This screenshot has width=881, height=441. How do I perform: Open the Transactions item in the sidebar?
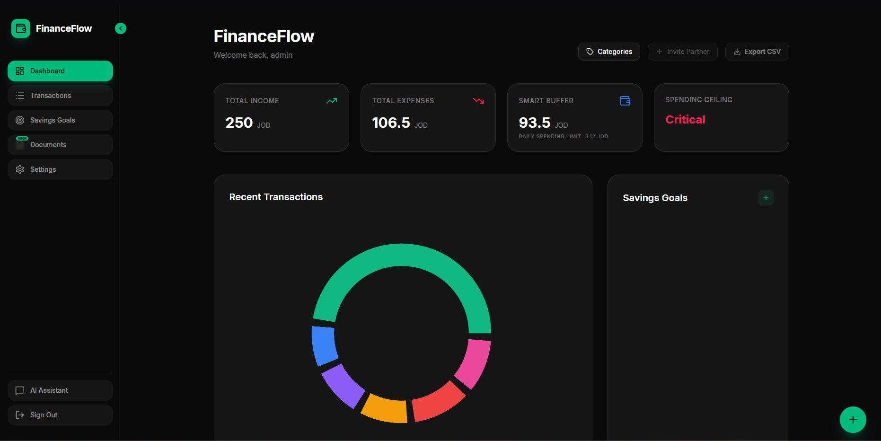[60, 96]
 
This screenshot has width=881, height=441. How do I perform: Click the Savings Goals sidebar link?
[60, 120]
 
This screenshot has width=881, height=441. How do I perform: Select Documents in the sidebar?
[60, 145]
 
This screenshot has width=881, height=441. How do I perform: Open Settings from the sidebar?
[60, 169]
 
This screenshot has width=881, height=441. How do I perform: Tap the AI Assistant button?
[60, 390]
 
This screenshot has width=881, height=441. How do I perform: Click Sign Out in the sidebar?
[60, 415]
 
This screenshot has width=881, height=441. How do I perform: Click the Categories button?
[609, 52]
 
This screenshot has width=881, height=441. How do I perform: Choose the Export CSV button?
[757, 52]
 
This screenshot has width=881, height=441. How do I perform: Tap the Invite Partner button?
[683, 52]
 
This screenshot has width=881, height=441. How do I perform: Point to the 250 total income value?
[239, 123]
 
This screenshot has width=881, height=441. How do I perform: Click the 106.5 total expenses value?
[391, 123]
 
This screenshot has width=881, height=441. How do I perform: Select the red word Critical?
[685, 120]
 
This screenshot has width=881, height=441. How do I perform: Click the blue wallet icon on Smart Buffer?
[625, 101]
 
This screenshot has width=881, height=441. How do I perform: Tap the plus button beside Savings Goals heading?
[766, 198]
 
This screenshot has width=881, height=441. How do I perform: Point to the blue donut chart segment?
[324, 345]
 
